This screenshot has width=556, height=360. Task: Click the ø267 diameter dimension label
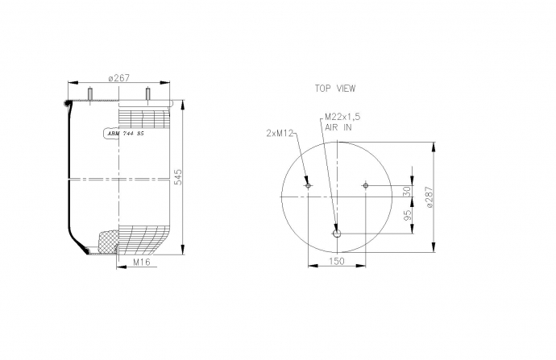(119, 78)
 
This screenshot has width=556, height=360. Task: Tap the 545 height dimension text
(178, 177)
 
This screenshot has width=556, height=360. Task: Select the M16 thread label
(142, 262)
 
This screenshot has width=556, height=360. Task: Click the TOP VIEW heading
(335, 89)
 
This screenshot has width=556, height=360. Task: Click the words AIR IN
(338, 127)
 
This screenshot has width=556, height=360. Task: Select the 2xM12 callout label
(280, 133)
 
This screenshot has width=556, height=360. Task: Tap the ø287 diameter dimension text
(429, 197)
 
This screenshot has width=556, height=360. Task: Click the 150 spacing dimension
(337, 261)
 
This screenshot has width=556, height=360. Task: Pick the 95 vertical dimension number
(408, 215)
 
